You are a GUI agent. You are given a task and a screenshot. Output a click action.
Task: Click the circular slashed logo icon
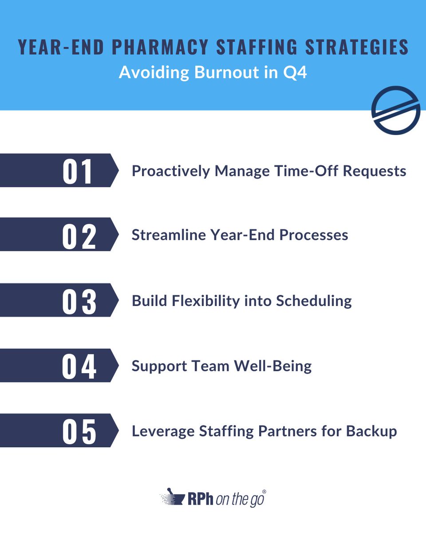tap(395, 110)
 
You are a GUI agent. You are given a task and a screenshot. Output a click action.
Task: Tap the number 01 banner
tap(78, 171)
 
